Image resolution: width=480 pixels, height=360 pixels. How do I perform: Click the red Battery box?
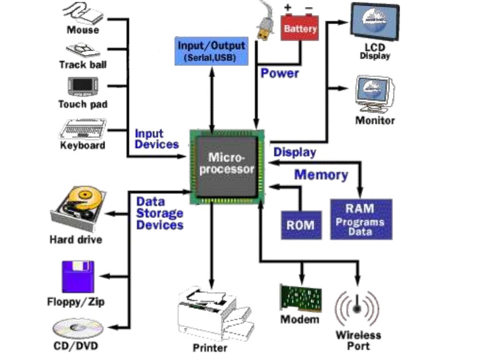point(300,28)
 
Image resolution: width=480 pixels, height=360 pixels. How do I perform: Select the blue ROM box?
point(301,225)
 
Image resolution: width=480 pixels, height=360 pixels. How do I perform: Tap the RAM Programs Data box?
point(360,219)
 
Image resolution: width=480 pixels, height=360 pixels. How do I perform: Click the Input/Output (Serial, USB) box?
point(211,51)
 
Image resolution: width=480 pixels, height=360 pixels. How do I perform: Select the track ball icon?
point(83,49)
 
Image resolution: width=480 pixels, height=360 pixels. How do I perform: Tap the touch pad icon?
point(83,86)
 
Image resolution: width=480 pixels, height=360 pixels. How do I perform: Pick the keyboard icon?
point(83,128)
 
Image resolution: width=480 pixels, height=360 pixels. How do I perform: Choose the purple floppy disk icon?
point(78,277)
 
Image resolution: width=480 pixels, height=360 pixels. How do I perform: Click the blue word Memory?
point(321,175)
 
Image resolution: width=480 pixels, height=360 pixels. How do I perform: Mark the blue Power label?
point(279,73)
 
